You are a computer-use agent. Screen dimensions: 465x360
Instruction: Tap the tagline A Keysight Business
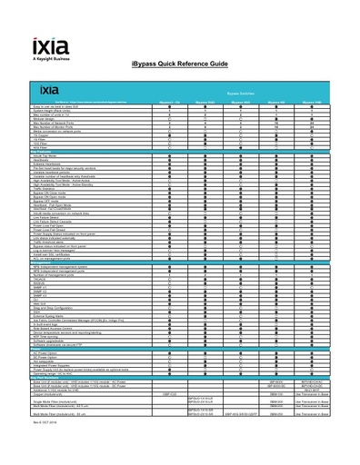click(51, 59)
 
